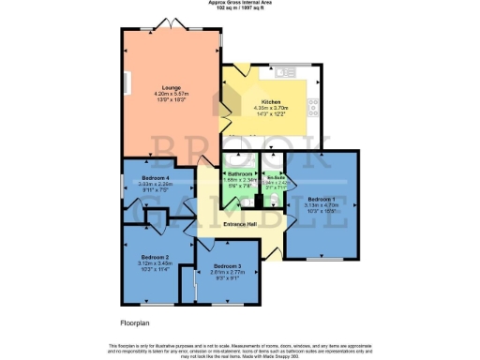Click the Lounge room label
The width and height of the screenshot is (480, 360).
tap(172, 87)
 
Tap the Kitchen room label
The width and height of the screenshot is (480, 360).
tap(271, 100)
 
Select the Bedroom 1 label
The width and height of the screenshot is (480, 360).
tap(321, 199)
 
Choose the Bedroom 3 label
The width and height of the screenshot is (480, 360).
tap(228, 266)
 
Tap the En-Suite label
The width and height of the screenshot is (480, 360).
tap(275, 176)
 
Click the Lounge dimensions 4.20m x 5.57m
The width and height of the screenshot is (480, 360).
tap(172, 94)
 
